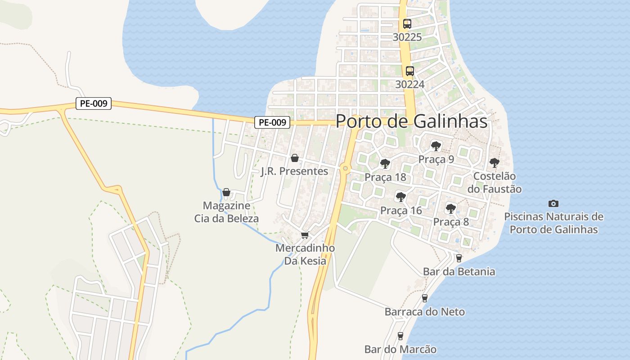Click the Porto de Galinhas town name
[x=411, y=121]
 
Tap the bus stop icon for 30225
[x=407, y=24]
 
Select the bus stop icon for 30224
[x=409, y=71]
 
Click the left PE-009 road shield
[x=93, y=103]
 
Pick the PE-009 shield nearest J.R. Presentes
[x=272, y=122]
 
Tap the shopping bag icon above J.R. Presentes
[x=294, y=158]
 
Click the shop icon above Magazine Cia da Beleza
[x=226, y=192]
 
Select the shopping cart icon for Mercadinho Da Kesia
[x=305, y=235]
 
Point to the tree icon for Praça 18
[x=385, y=164]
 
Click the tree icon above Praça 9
[x=436, y=146]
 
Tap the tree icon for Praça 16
[x=400, y=197]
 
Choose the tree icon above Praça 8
[x=450, y=208]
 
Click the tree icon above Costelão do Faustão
[x=494, y=162]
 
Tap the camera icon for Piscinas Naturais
[x=553, y=203]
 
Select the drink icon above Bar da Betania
[x=459, y=258]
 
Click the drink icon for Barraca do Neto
[x=424, y=298]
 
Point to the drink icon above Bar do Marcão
[x=400, y=336]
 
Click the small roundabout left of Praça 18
[x=345, y=168]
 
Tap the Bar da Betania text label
[x=459, y=272]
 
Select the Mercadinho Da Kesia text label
[x=305, y=254]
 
